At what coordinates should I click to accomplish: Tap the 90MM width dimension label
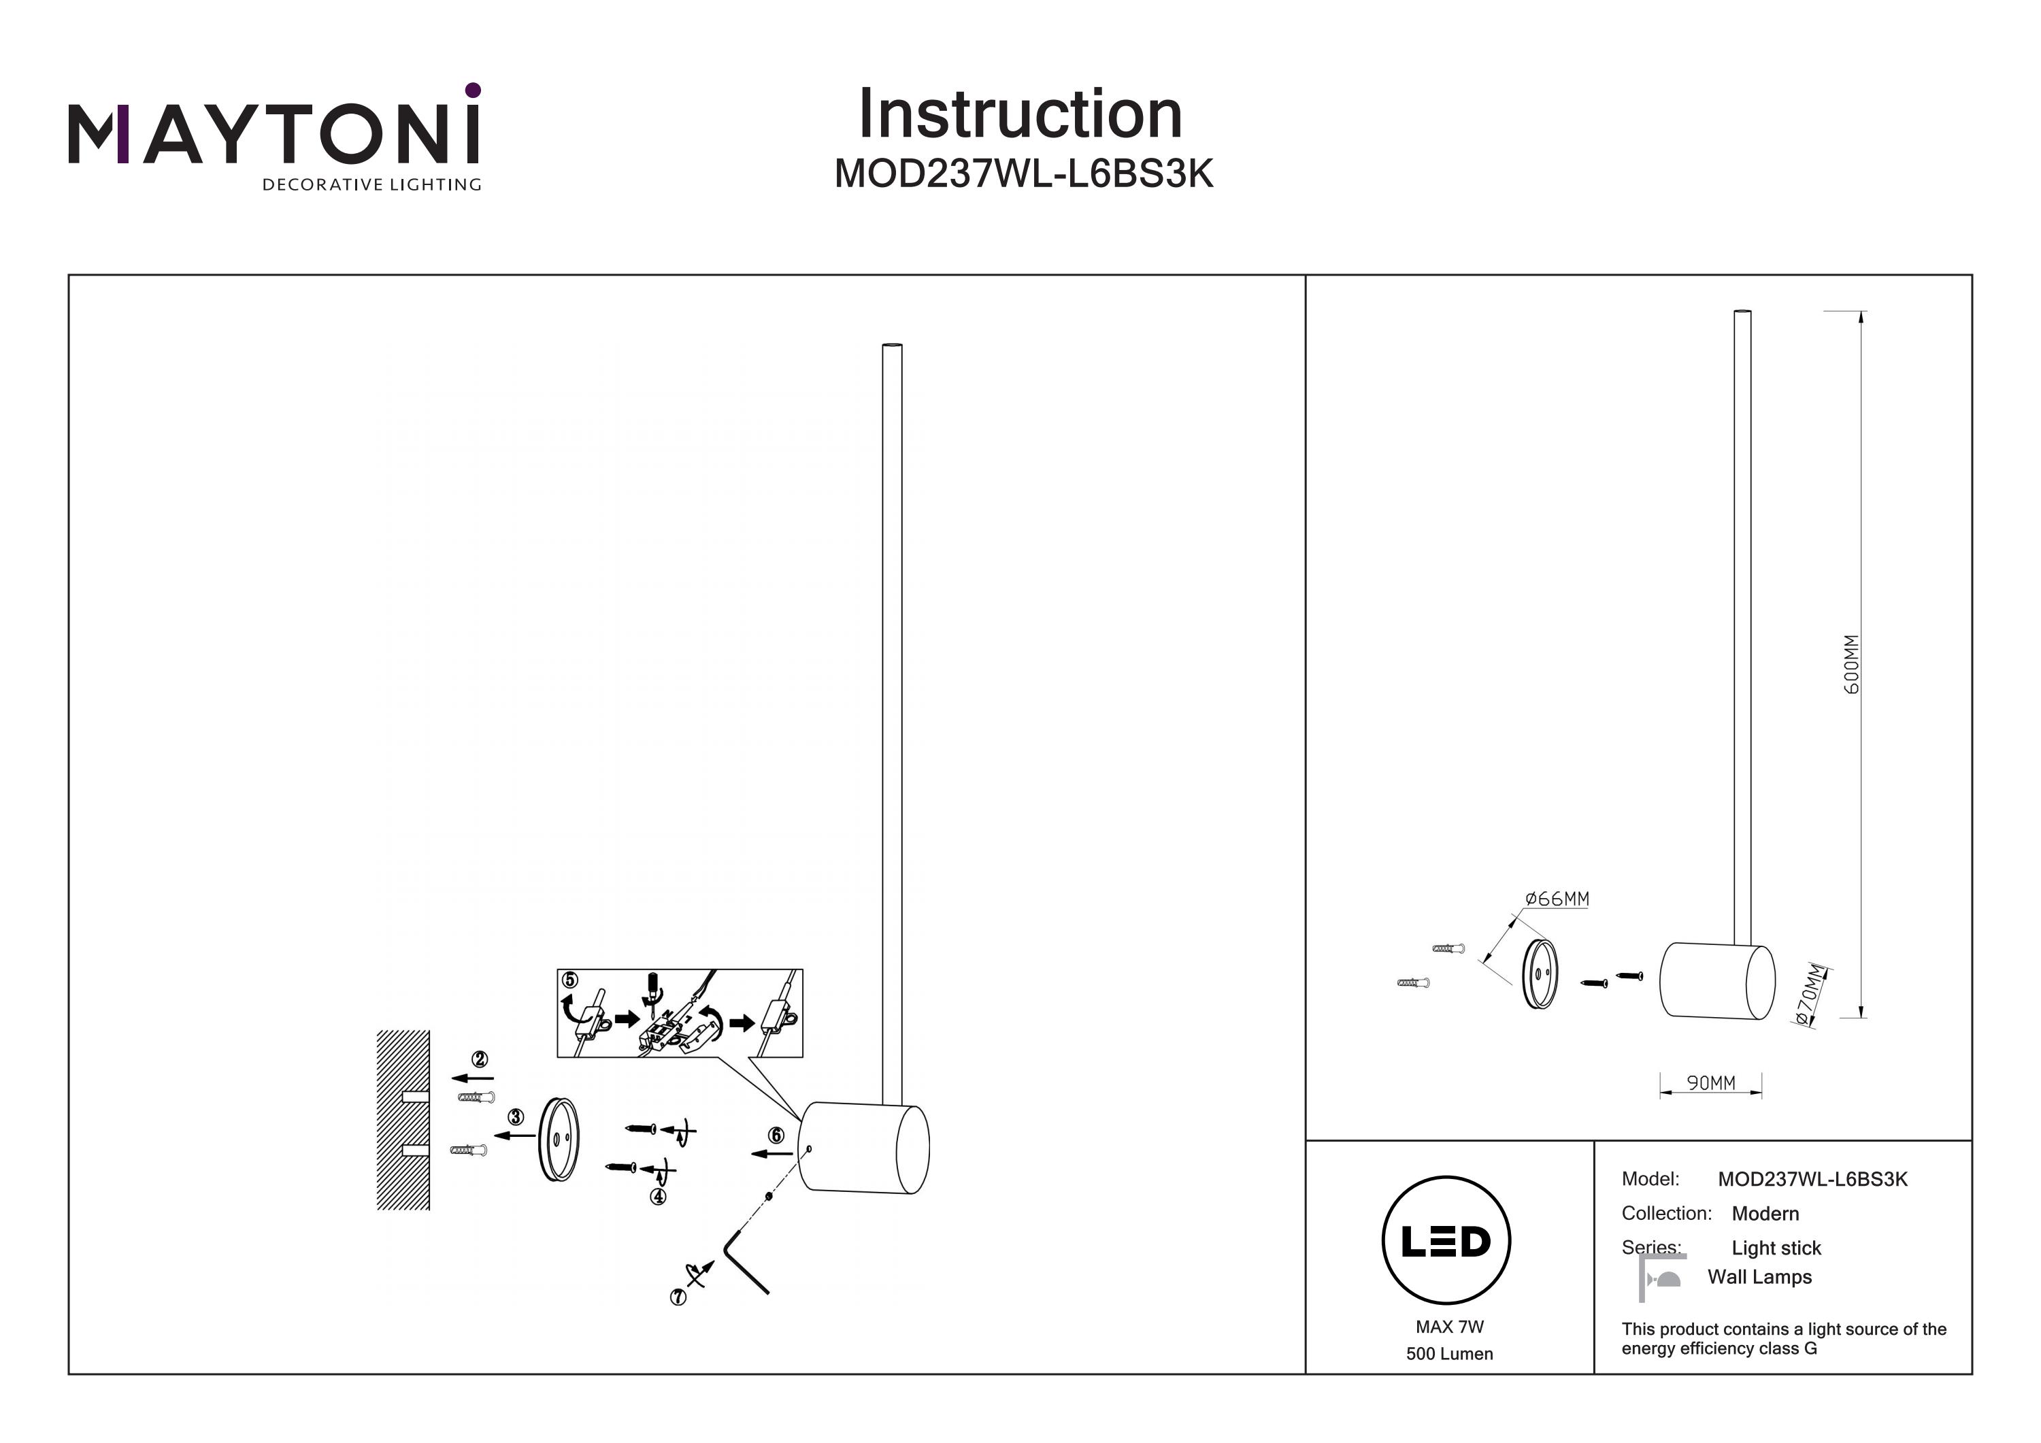(1710, 1083)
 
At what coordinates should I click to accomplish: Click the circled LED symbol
(1446, 1240)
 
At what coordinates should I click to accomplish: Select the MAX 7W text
(1449, 1327)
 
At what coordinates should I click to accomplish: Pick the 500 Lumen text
(1449, 1354)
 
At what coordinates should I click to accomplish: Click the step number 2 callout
(480, 1059)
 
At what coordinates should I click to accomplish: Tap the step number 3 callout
(516, 1116)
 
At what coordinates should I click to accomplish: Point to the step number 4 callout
(658, 1197)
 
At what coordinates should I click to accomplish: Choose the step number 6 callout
(776, 1135)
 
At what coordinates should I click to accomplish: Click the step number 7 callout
(678, 1297)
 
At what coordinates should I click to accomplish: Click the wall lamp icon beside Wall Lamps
(1661, 1278)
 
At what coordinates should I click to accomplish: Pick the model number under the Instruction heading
(1023, 174)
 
